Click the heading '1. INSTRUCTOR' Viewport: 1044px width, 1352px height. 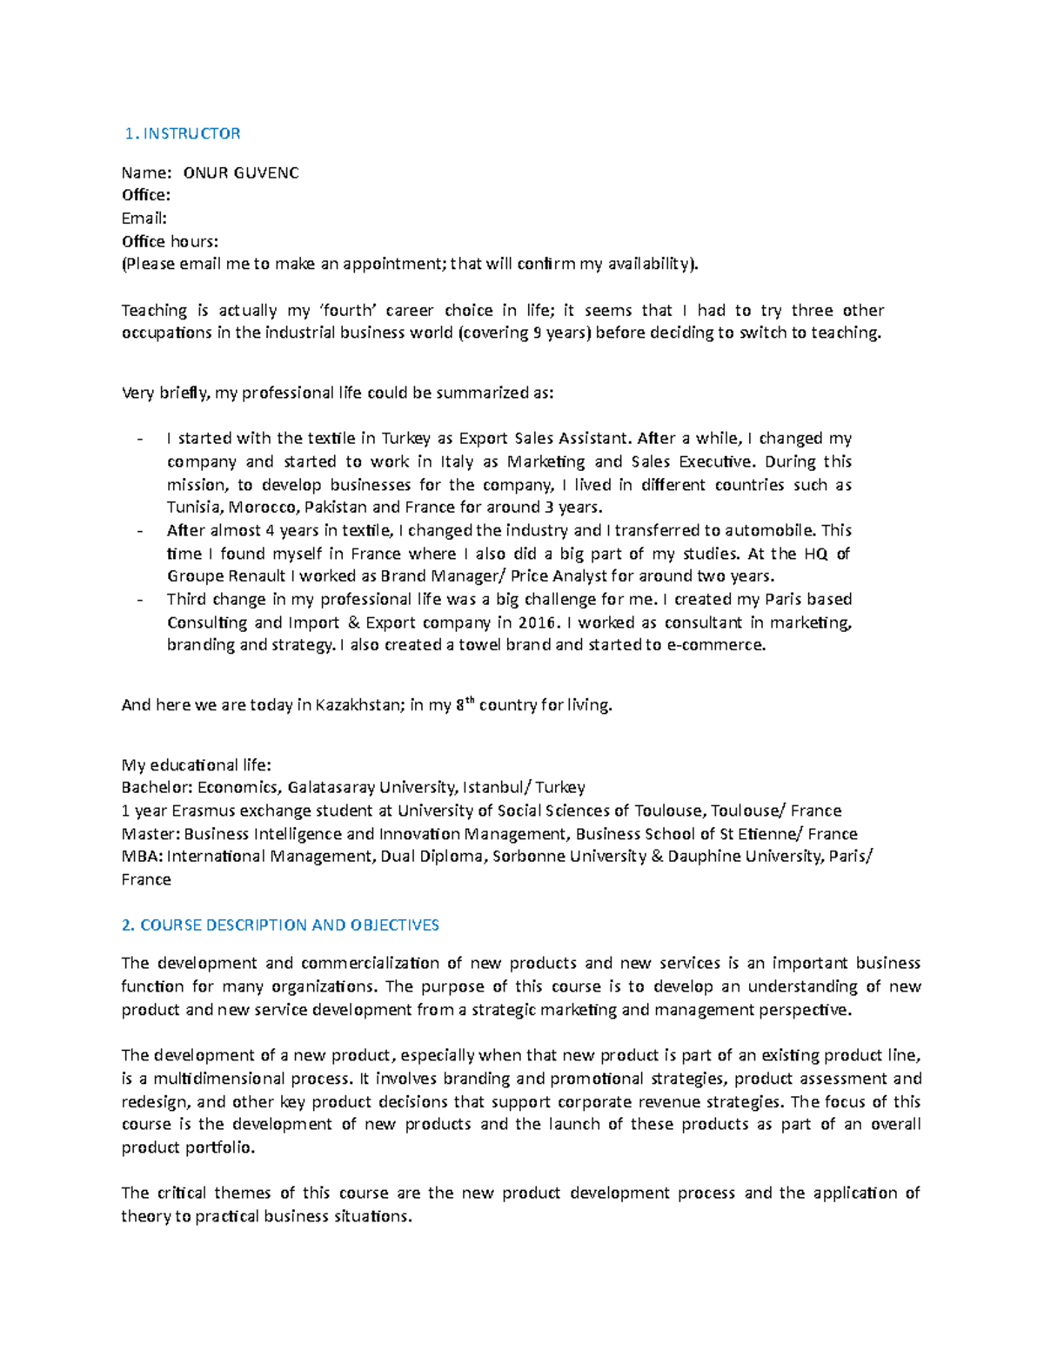(x=183, y=133)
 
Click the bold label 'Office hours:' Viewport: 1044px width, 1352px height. (x=170, y=241)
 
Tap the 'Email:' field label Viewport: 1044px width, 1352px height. (x=144, y=219)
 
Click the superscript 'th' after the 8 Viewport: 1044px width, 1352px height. (x=469, y=700)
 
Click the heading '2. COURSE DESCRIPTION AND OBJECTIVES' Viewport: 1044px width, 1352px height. (x=280, y=925)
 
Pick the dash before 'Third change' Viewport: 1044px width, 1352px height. (x=140, y=600)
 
